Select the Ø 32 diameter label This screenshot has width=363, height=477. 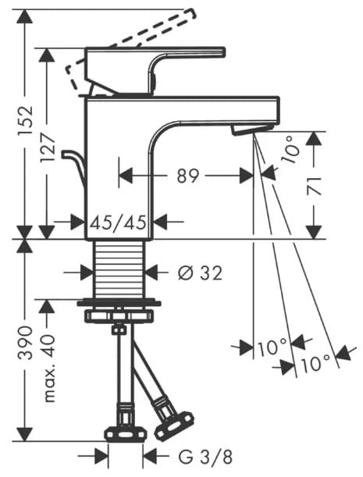tap(200, 272)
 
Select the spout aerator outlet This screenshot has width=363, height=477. tap(251, 128)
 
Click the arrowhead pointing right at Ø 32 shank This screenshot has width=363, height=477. tap(90, 272)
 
